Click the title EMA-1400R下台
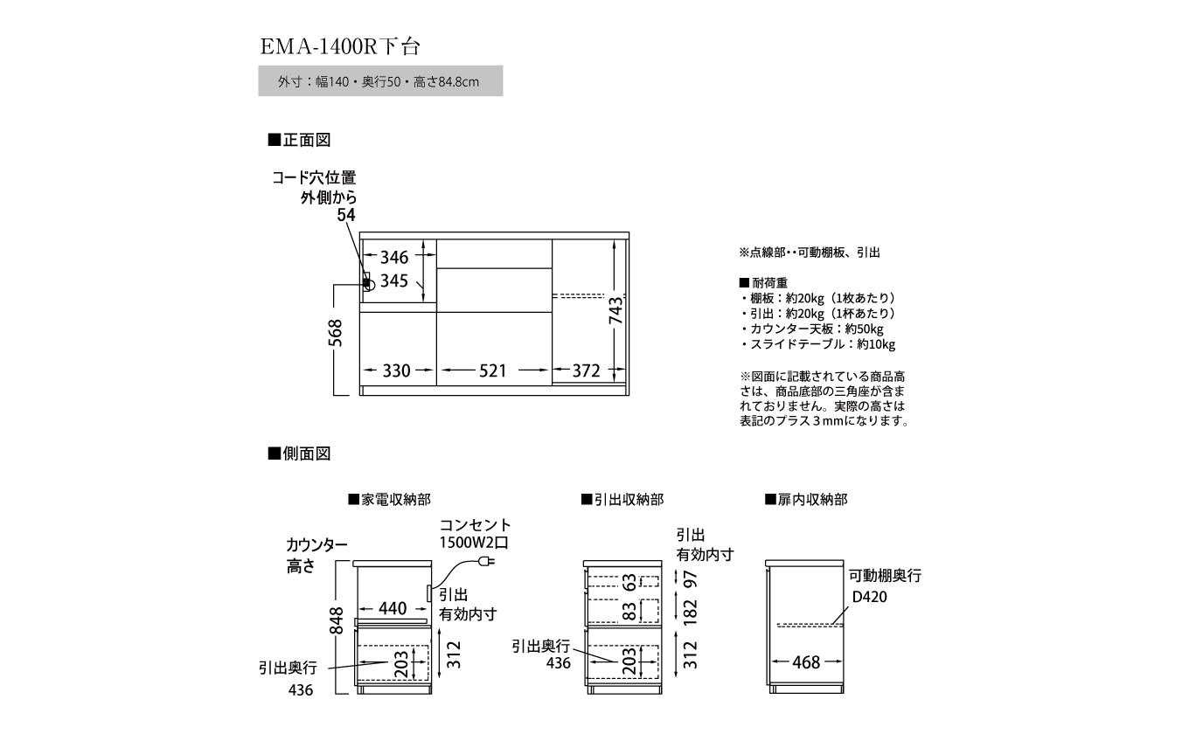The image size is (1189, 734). click(342, 45)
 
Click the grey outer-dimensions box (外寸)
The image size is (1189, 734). click(380, 81)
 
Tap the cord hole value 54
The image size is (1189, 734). click(348, 216)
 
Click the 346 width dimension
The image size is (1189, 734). click(393, 257)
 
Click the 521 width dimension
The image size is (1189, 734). click(492, 370)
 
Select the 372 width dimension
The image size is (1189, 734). click(585, 370)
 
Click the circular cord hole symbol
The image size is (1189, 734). click(369, 284)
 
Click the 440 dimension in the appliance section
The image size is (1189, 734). click(393, 609)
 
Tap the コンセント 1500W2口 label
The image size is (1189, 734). click(474, 533)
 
